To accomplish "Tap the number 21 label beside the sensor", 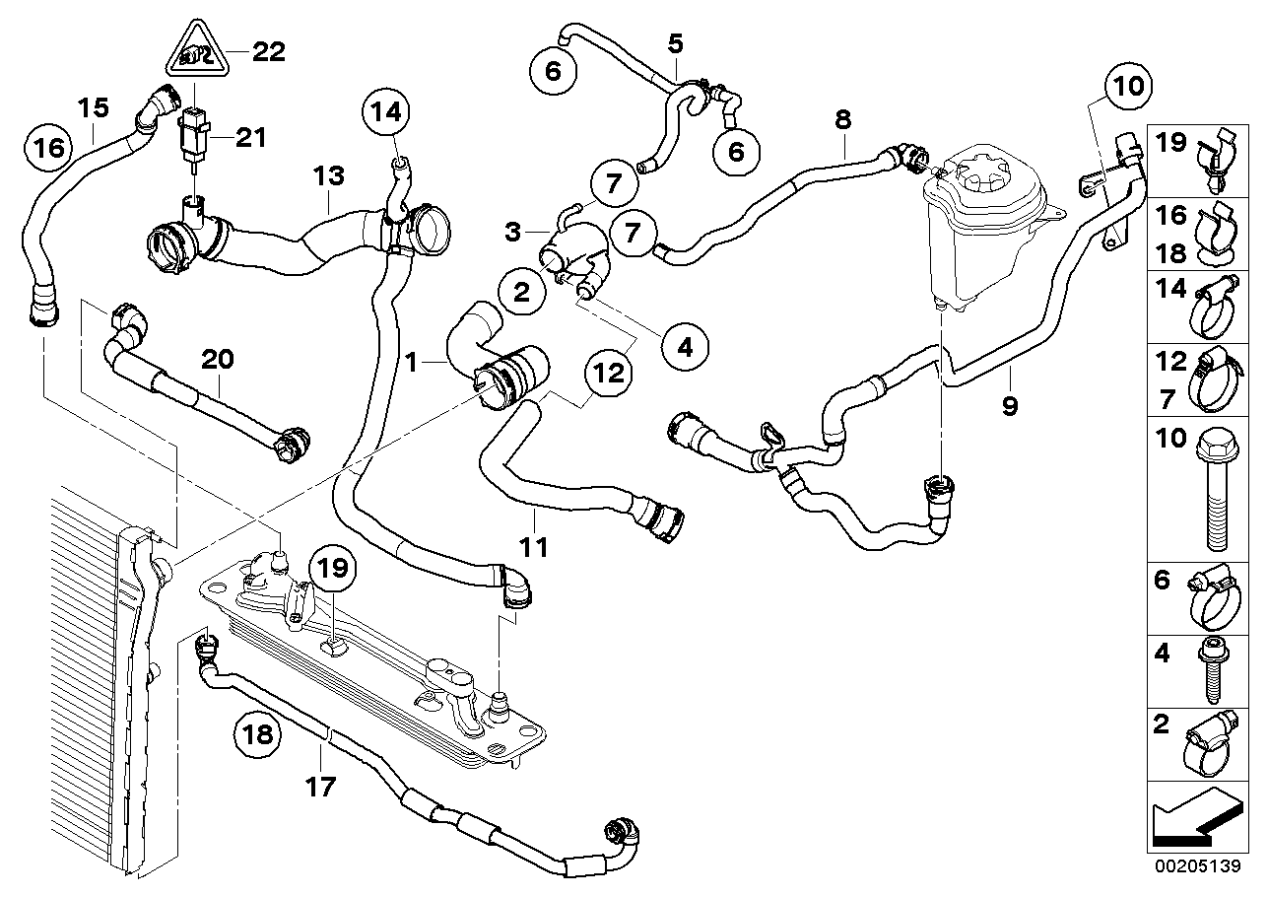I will click(x=250, y=139).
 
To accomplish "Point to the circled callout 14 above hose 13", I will click(x=389, y=113).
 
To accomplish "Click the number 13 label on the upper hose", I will click(x=329, y=177).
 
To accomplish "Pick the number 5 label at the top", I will click(x=675, y=42).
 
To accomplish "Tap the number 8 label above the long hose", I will click(x=841, y=119).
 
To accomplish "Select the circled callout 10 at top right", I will click(x=1129, y=85).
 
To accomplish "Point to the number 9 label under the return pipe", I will click(x=1010, y=405).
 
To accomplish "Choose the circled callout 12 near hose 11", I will click(x=609, y=374).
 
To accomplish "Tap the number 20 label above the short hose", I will click(x=219, y=359).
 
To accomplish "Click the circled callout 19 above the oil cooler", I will click(x=333, y=570).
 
